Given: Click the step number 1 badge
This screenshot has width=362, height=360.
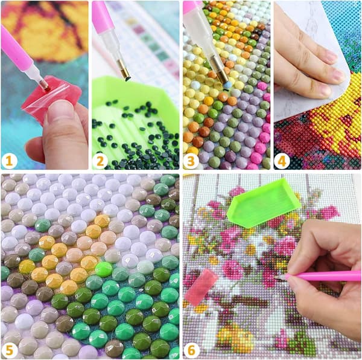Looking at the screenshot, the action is (x=9, y=161).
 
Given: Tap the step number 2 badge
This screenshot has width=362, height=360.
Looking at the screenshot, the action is (x=100, y=161).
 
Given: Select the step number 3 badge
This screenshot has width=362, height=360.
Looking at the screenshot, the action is (x=191, y=161).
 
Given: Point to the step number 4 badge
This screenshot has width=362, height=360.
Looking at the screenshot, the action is (x=282, y=161).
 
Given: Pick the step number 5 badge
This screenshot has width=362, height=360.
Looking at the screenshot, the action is (x=9, y=350).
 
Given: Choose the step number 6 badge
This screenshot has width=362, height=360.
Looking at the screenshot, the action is (x=191, y=350).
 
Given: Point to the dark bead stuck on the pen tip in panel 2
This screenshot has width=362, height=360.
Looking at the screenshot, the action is (x=127, y=79).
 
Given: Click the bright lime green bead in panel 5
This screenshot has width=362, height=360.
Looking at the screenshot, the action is (x=104, y=269).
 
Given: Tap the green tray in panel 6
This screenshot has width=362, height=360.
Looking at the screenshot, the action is (x=264, y=204).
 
